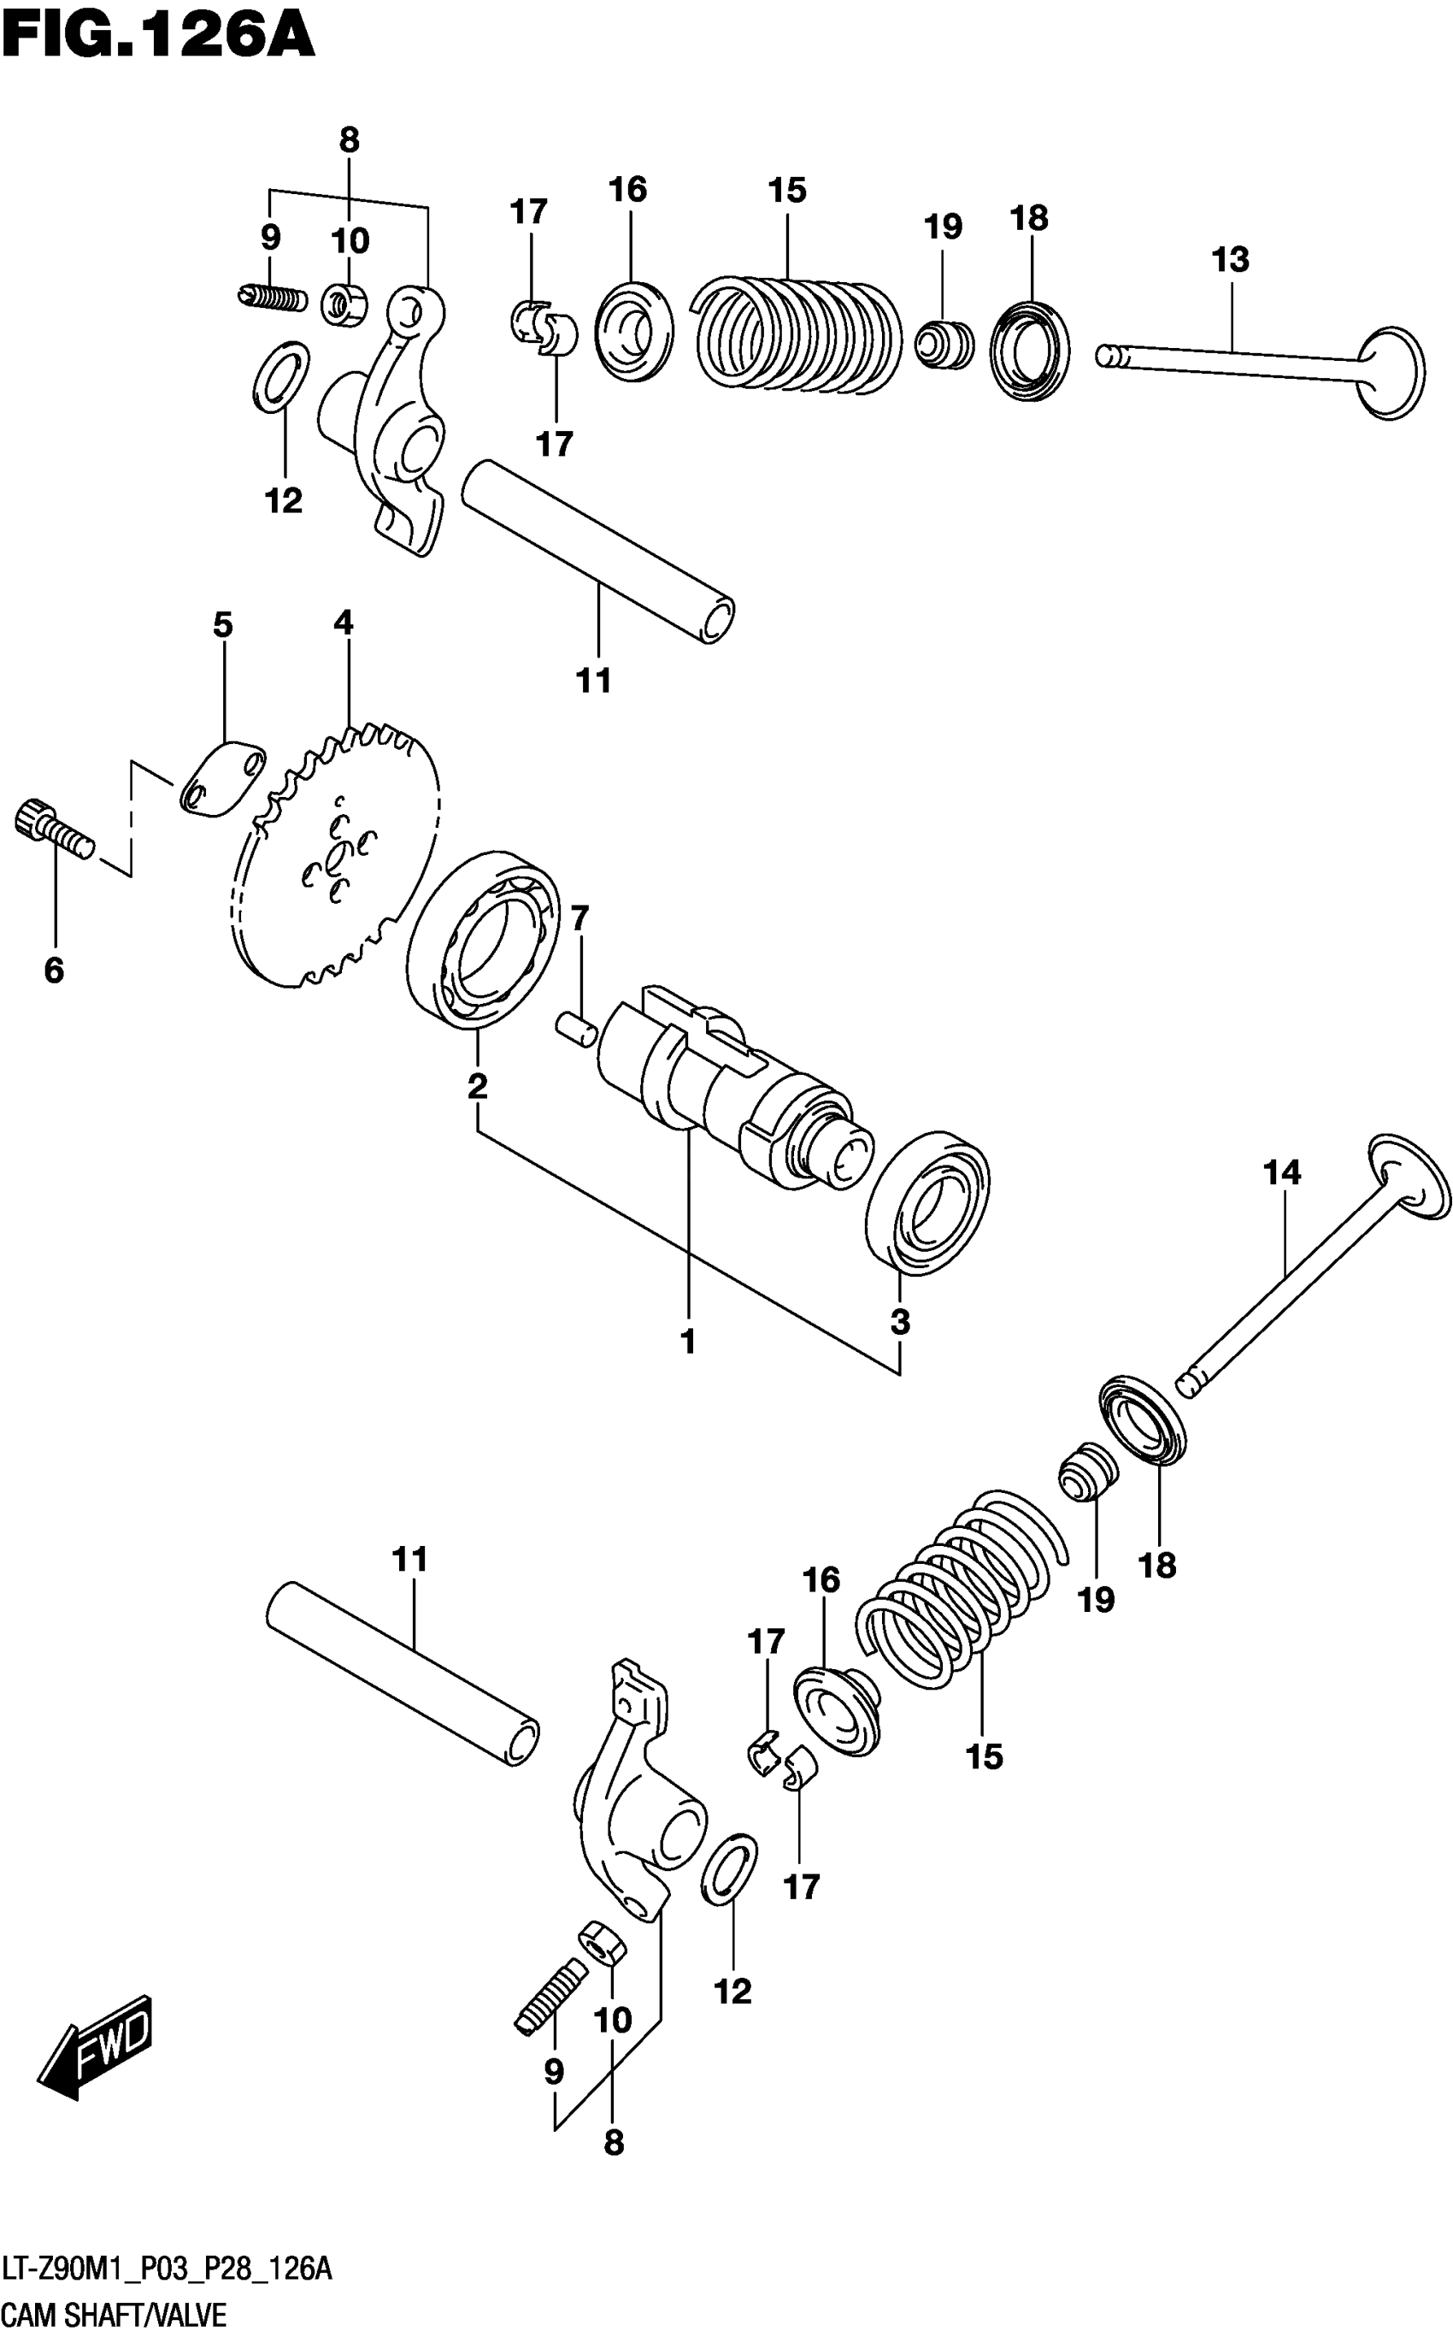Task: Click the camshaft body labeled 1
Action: (x=730, y=1096)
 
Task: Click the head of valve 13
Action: (x=1391, y=371)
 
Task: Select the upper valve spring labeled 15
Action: (x=797, y=333)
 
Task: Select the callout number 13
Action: (x=1230, y=260)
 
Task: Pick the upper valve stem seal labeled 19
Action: (x=943, y=345)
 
